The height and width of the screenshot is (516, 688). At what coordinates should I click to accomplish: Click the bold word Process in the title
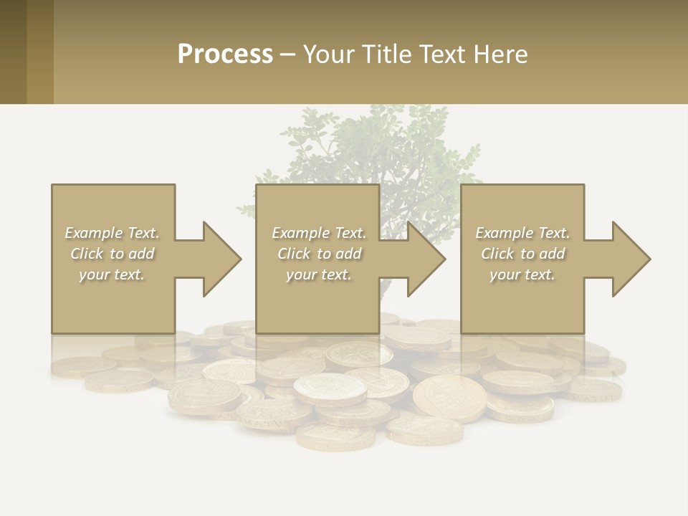(x=225, y=54)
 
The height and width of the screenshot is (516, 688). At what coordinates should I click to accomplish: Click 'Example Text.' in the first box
(x=112, y=233)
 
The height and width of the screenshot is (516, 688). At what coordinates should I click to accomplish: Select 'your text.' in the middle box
(x=318, y=274)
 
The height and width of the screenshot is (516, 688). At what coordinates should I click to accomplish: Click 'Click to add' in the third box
(x=522, y=254)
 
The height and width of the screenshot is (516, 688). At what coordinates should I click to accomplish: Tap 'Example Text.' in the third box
(x=522, y=233)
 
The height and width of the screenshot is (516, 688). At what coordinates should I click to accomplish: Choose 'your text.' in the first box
(x=112, y=274)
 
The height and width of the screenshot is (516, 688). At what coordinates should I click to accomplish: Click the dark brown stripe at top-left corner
(x=13, y=52)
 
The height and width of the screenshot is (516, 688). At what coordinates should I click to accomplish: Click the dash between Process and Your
(x=288, y=54)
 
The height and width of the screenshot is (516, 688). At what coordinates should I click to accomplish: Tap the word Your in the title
(x=327, y=54)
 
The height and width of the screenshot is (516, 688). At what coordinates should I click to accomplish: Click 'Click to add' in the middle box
(x=319, y=254)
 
